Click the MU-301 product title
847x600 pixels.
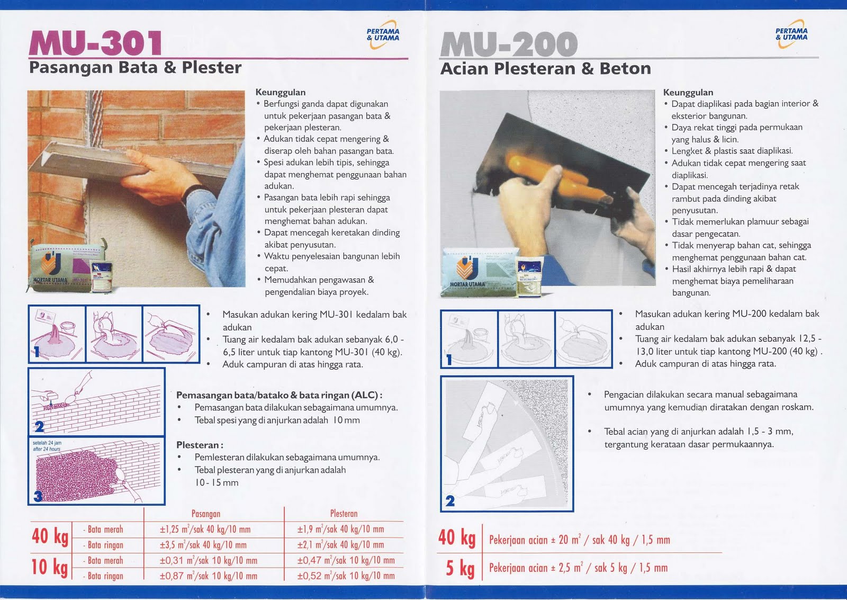click(96, 43)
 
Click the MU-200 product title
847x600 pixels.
click(509, 44)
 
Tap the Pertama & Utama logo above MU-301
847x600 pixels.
click(383, 35)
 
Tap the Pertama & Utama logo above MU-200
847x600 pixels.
click(791, 34)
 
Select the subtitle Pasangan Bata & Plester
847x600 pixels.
click(135, 68)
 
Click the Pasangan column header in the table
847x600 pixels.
click(205, 514)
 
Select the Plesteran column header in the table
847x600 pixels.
click(344, 514)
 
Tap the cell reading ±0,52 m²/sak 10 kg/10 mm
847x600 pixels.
click(346, 576)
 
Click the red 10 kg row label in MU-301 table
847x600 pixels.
click(50, 567)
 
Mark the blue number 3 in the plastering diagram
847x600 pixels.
click(38, 496)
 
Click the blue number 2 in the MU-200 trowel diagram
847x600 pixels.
click(450, 500)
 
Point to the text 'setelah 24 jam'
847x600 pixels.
click(47, 443)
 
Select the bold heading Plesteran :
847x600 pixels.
click(200, 445)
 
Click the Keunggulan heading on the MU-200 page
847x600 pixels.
click(688, 92)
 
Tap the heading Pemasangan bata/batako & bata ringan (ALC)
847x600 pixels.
click(279, 395)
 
